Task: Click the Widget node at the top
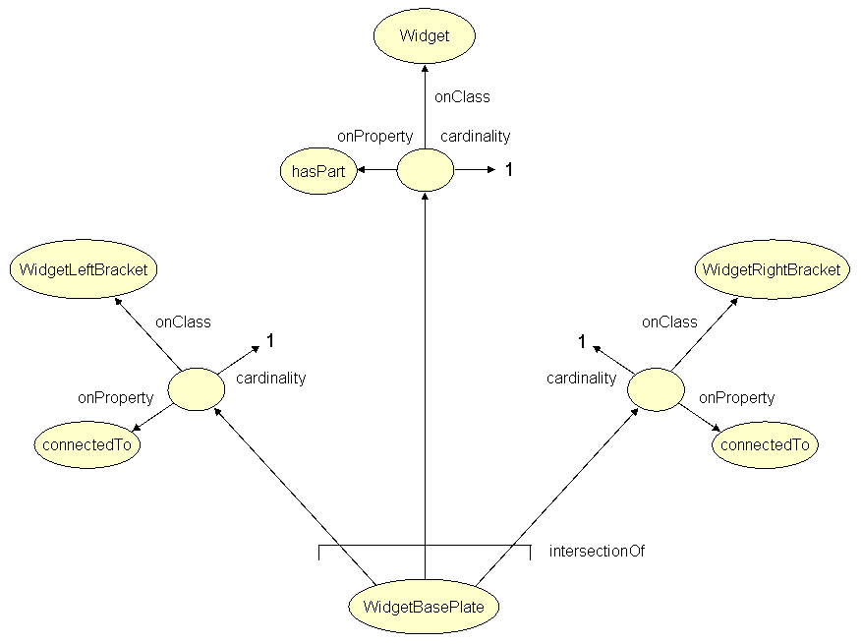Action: coord(425,36)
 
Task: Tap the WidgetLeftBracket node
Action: coord(85,269)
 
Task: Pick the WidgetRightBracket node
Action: coord(772,269)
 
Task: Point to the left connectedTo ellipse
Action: coord(86,444)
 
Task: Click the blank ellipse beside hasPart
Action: coord(425,171)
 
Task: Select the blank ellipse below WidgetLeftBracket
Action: coord(197,389)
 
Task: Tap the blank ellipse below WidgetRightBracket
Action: coord(657,389)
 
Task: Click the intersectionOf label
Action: coord(597,552)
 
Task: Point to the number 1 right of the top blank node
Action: coord(509,170)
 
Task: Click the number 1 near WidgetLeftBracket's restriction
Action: coord(269,341)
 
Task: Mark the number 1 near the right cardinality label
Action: coord(582,341)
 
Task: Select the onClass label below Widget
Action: coord(462,97)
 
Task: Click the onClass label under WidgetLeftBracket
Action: coord(183,322)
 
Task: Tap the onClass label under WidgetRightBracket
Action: coord(669,322)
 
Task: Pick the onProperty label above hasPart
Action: coord(374,137)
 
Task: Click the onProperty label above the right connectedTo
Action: coord(736,398)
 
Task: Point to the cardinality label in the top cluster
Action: coord(475,137)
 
